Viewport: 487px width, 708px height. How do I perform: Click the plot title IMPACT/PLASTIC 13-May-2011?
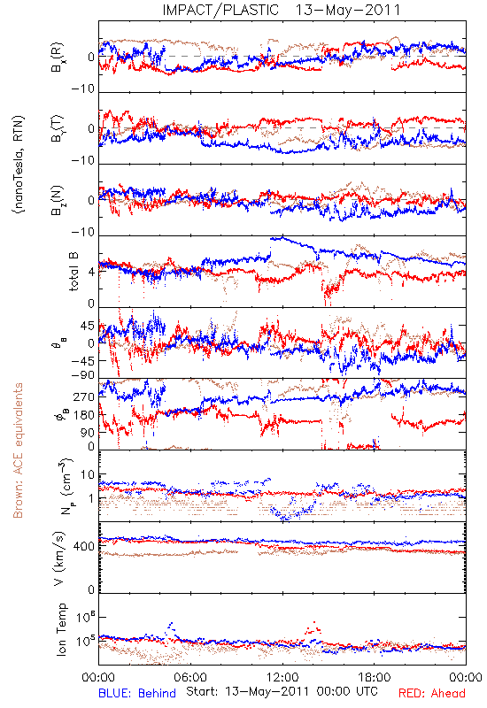[281, 10]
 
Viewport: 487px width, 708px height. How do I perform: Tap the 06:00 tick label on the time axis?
[190, 677]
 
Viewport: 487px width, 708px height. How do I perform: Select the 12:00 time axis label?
[282, 677]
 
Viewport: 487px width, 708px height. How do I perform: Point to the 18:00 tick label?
[374, 677]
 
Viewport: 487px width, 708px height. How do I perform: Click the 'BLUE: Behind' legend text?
[137, 693]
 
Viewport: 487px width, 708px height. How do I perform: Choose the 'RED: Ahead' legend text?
[431, 693]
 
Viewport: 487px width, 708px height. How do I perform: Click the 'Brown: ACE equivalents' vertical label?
[18, 450]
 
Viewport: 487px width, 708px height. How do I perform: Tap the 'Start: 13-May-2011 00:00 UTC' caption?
[282, 691]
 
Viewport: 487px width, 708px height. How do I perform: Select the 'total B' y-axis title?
[73, 272]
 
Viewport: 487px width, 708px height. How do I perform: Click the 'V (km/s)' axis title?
[59, 558]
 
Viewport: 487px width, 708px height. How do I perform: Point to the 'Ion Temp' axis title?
[61, 629]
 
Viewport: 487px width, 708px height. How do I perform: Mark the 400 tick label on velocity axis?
[85, 546]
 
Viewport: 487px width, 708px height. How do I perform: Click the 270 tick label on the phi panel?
[85, 396]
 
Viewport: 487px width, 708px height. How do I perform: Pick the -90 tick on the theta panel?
[83, 375]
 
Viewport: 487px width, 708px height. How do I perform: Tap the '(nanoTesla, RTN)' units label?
[19, 165]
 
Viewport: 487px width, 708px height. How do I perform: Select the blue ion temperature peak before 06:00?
[170, 627]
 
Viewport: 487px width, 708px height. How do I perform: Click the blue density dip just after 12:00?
[284, 516]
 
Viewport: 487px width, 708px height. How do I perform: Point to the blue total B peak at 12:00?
[282, 237]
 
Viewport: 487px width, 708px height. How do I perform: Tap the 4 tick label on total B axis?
[92, 273]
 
